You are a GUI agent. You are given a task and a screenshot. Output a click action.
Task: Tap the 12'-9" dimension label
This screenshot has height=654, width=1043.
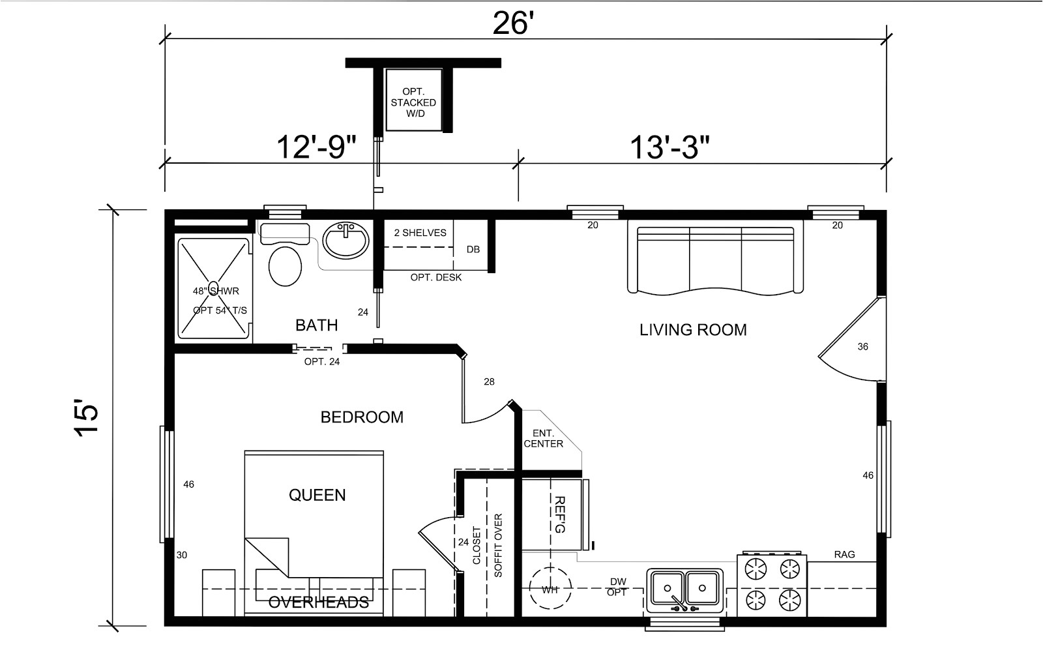pos(316,147)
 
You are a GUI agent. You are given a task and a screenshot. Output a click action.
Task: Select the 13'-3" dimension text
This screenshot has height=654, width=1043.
pos(669,147)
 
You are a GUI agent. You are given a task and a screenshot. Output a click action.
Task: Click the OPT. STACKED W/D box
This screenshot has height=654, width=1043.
pos(413,102)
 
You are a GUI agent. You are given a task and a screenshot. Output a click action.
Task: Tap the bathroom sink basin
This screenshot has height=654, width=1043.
pos(345,239)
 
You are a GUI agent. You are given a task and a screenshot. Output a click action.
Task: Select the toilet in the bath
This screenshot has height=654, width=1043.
pos(285,265)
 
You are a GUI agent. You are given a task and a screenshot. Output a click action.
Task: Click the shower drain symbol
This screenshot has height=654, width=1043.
pos(213,287)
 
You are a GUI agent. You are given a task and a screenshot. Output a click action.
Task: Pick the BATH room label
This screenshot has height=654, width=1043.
pos(316,325)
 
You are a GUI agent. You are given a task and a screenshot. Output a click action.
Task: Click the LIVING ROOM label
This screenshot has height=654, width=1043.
pos(692,330)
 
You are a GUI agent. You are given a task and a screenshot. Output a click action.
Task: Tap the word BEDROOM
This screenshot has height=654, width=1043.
pos(362,417)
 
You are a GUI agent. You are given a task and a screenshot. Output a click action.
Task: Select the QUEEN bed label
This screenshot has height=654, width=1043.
pos(317,496)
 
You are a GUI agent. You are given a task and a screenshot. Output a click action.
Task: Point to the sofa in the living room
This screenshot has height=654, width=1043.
pos(715,260)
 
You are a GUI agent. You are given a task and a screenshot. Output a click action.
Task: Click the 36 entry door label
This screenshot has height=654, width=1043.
pos(862,347)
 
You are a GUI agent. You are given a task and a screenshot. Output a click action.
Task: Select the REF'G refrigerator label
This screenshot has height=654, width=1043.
pos(559,514)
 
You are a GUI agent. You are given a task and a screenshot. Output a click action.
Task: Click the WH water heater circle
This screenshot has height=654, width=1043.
pos(550,590)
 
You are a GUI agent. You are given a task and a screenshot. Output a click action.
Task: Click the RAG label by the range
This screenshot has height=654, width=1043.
pos(844,555)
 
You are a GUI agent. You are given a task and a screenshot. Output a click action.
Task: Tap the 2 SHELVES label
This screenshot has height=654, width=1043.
pos(420,233)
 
